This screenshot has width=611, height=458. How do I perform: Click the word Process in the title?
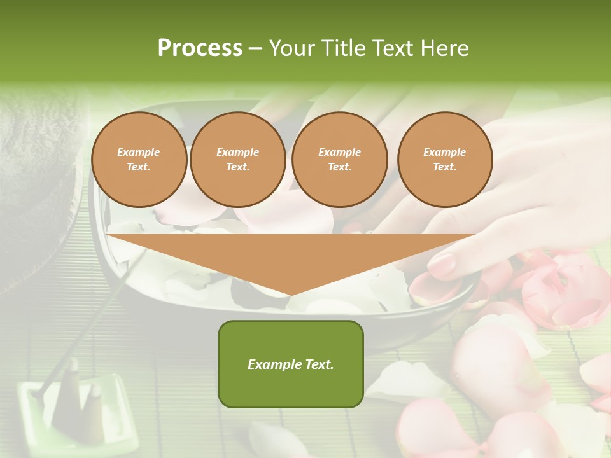tap(200, 48)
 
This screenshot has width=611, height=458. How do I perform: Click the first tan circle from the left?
tap(139, 160)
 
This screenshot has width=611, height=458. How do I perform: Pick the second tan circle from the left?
tap(238, 160)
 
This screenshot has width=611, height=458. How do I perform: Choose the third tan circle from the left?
tap(339, 160)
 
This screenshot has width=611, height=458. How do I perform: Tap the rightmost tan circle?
tap(445, 160)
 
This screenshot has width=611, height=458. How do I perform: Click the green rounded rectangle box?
tap(291, 364)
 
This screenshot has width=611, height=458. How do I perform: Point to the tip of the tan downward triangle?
tap(291, 295)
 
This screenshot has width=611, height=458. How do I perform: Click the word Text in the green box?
tap(319, 364)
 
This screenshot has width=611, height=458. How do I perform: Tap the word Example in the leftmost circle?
tap(139, 152)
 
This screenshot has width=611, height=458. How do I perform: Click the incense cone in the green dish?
tap(92, 407)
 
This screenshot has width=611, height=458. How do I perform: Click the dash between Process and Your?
tap(256, 48)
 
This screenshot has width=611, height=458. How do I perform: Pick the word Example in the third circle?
tap(339, 152)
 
